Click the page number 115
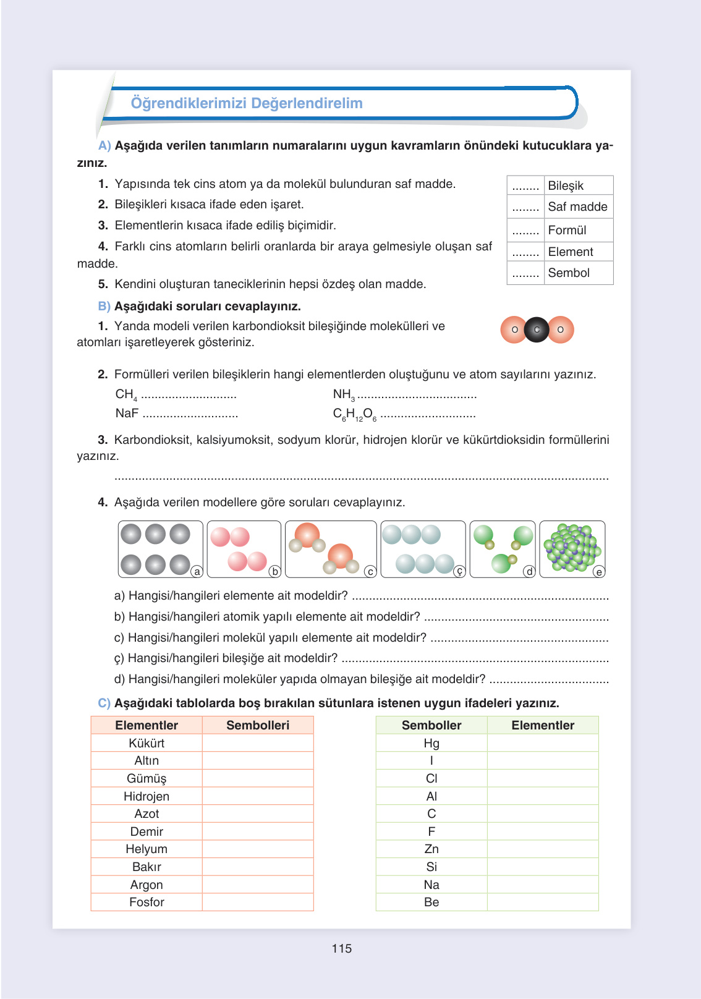pos(341,948)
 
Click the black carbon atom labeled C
pos(537,329)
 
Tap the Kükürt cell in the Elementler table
pos(147,743)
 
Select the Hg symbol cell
pos(431,743)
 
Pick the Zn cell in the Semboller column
pos(431,849)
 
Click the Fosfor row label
pos(147,902)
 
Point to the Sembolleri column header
pos(258,725)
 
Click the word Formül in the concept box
pos(567,230)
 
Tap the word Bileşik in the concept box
pos(566,185)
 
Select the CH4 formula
pos(126,394)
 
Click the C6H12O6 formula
pos(354,414)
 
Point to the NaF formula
pos(127,413)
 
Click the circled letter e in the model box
pos(598,572)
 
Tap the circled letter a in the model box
pos(197,572)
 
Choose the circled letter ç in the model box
pos(459,572)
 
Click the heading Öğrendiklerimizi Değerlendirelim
pos(247,103)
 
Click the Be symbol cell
pos(431,902)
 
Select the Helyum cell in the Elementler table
pos(147,849)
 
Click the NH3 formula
pos(344,394)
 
